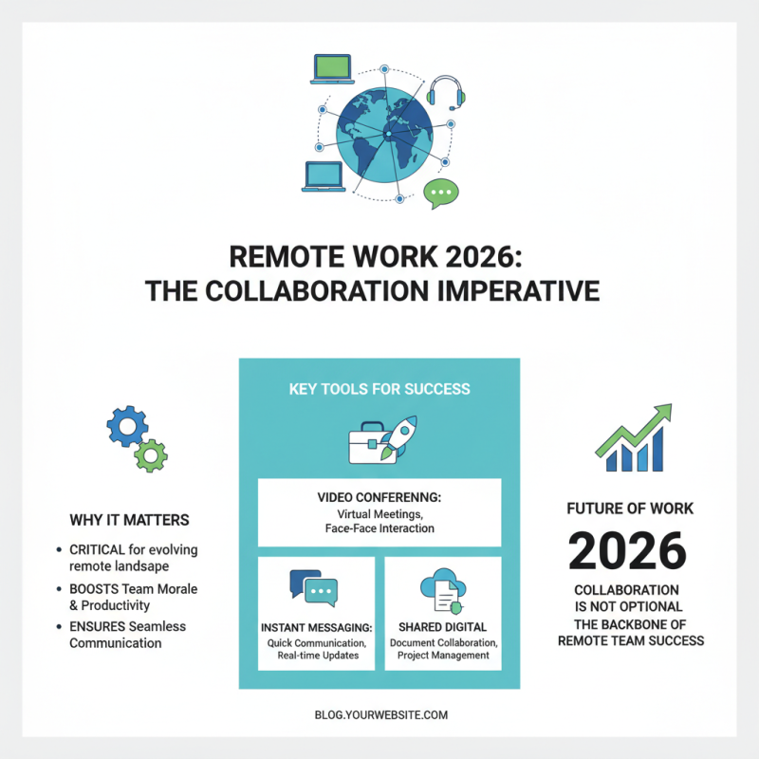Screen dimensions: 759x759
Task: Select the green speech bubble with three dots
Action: pos(441,193)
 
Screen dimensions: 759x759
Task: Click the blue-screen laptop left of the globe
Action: pos(323,177)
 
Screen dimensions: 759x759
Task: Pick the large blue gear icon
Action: pos(128,428)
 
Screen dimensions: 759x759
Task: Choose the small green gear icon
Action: pos(151,455)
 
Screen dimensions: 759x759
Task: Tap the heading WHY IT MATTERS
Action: pos(129,520)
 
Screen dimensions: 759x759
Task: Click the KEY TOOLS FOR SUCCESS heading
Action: pos(379,389)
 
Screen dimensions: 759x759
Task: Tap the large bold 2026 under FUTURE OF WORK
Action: pos(627,550)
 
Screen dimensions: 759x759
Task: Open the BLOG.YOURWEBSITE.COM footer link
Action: pos(379,714)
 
